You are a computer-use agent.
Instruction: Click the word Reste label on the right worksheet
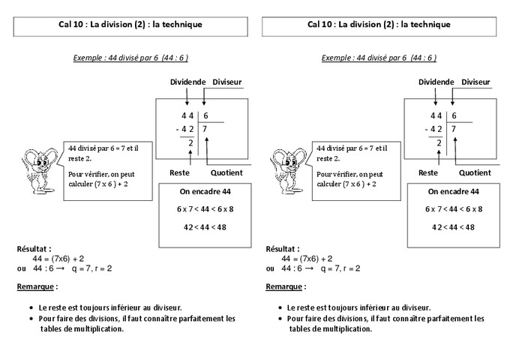click(x=428, y=172)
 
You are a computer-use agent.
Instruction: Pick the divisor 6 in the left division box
click(x=205, y=115)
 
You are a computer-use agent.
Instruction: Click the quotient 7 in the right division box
click(x=454, y=129)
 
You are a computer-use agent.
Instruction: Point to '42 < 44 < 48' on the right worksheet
click(x=453, y=226)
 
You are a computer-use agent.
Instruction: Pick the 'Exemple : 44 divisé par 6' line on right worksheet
click(x=379, y=57)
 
